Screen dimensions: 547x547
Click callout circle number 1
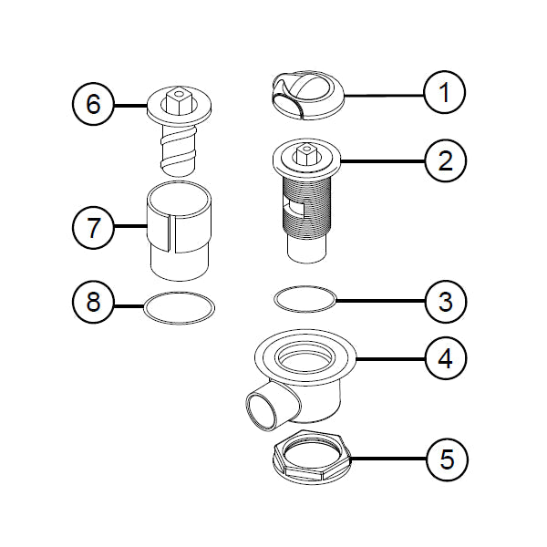(x=445, y=92)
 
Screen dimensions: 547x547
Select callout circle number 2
(x=445, y=161)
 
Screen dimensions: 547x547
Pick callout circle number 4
(x=445, y=358)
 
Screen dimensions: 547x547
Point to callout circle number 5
(x=445, y=459)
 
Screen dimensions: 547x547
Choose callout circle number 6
(x=93, y=104)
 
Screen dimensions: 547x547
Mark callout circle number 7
(x=93, y=228)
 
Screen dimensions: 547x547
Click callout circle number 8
(x=93, y=302)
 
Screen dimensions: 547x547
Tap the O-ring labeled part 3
(x=306, y=298)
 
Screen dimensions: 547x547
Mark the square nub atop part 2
(x=306, y=150)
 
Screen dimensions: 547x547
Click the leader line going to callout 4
(x=392, y=358)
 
